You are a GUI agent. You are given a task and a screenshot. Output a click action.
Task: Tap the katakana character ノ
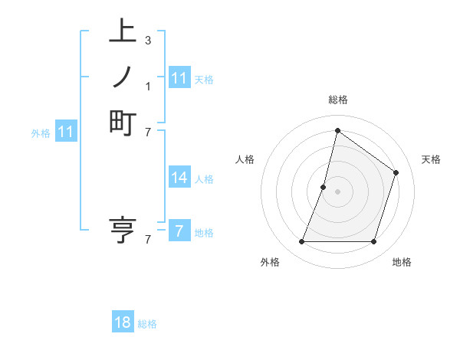pyautogui.click(x=123, y=78)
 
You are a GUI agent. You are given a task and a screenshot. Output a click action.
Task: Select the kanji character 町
pyautogui.click(x=123, y=123)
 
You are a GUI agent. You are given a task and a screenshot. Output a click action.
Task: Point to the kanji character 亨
pyautogui.click(x=123, y=230)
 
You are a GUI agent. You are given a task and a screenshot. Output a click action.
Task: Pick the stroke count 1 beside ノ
pyautogui.click(x=147, y=85)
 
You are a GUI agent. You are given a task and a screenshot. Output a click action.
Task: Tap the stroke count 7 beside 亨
pyautogui.click(x=147, y=240)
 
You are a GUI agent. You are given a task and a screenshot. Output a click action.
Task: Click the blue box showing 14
pyautogui.click(x=179, y=178)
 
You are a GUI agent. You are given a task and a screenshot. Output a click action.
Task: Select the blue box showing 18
pyautogui.click(x=123, y=322)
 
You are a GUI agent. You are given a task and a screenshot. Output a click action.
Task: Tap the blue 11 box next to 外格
pyautogui.click(x=66, y=132)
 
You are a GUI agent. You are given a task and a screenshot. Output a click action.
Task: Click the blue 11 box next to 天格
pyautogui.click(x=179, y=78)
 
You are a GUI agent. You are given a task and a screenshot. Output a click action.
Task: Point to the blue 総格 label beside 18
pyautogui.click(x=147, y=324)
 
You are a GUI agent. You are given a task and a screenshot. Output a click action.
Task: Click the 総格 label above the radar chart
pyautogui.click(x=337, y=100)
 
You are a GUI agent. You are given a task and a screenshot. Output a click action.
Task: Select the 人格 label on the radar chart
pyautogui.click(x=245, y=159)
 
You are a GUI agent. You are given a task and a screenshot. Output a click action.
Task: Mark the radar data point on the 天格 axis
pyautogui.click(x=396, y=172)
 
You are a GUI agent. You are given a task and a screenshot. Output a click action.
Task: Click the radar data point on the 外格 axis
pyautogui.click(x=301, y=242)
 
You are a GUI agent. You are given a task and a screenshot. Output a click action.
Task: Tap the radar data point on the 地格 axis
pyautogui.click(x=373, y=242)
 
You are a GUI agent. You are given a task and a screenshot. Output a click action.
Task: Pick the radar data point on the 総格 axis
pyautogui.click(x=337, y=130)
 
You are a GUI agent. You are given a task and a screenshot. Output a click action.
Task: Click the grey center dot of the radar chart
pyautogui.click(x=337, y=191)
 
